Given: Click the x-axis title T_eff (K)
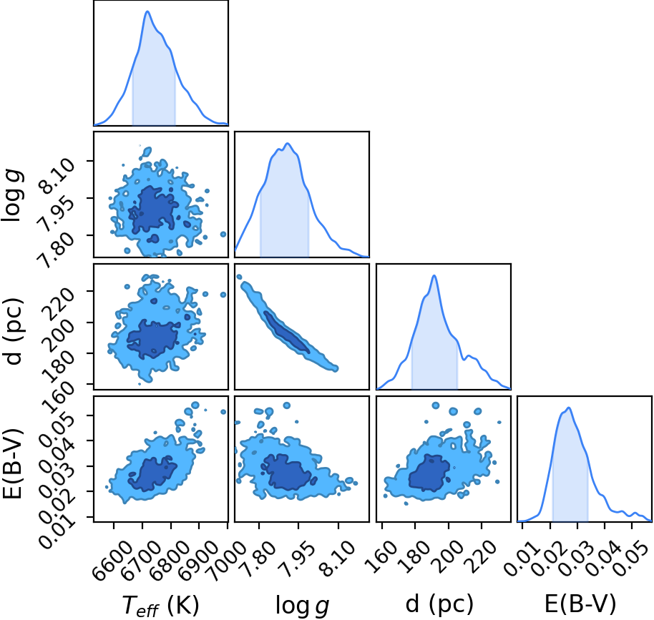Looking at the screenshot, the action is click(x=160, y=605).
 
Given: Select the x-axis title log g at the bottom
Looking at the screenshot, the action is click(x=303, y=605).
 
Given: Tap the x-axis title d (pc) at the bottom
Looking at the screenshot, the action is click(x=439, y=604).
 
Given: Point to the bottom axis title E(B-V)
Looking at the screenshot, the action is click(x=580, y=604).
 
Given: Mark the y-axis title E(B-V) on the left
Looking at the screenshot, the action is click(x=11, y=463).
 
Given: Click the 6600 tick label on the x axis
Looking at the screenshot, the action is click(x=107, y=559).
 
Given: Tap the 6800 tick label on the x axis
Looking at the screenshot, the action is click(x=165, y=559).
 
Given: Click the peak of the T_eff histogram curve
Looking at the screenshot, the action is click(x=147, y=11).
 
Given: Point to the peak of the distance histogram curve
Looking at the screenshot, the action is click(x=434, y=275).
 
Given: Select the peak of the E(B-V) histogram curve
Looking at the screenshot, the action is click(x=569, y=408).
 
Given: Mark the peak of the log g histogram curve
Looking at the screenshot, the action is click(x=288, y=144).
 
